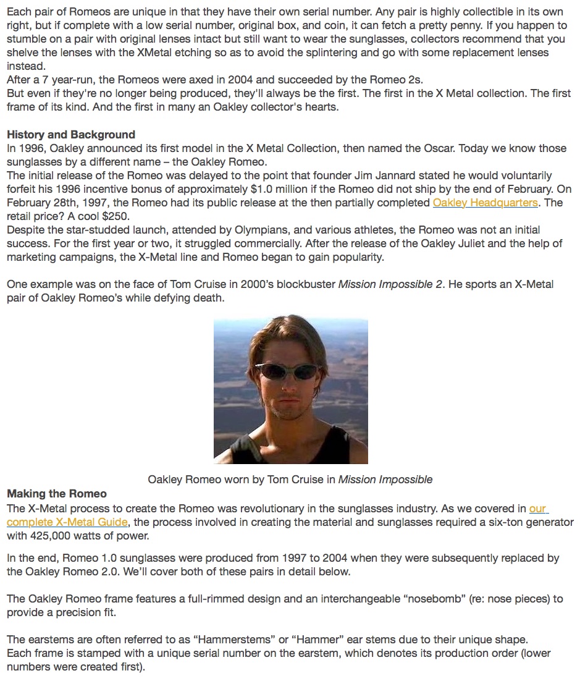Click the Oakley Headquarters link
485,203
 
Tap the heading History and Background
71,135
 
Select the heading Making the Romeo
57,494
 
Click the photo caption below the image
290,480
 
